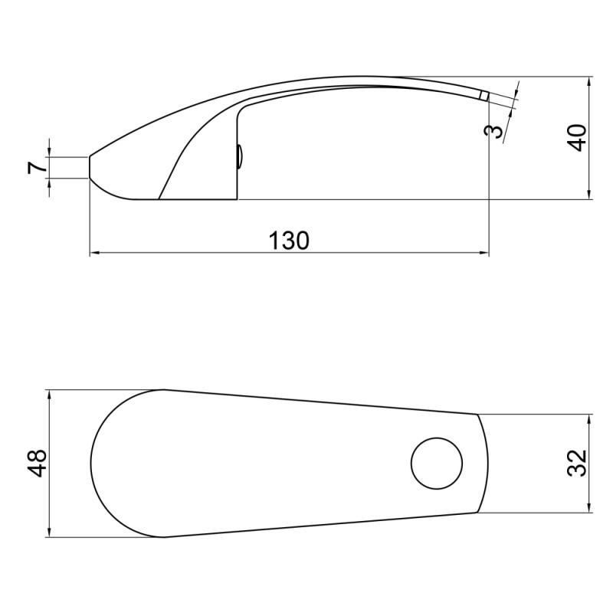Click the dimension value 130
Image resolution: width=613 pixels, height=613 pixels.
289,240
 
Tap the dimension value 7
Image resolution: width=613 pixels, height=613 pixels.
35,168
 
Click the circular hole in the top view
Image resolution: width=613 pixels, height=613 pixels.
438,464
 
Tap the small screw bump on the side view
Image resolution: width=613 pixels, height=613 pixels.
240,157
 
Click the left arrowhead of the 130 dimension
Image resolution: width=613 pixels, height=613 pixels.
94,252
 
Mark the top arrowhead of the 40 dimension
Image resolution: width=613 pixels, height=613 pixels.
588,80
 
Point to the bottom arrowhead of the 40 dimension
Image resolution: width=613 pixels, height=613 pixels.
588,195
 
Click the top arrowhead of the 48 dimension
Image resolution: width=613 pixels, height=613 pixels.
49,394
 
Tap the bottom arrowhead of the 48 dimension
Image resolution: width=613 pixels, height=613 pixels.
49,533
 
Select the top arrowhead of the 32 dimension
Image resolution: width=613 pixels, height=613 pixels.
588,419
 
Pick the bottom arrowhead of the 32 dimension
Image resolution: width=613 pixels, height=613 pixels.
588,507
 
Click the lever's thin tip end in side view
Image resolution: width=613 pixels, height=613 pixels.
484,95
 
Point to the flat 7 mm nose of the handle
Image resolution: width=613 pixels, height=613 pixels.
90,167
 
